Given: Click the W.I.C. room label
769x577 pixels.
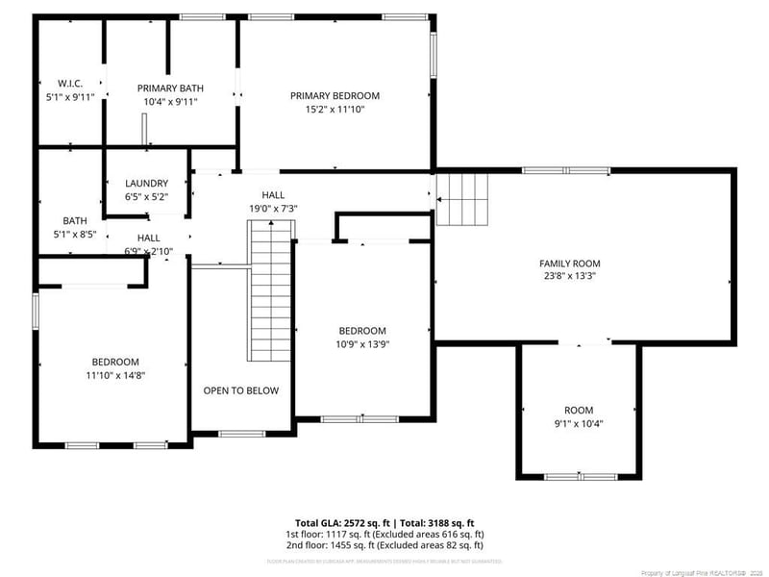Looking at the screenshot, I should (69, 85).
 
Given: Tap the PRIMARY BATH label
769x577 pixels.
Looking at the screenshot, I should (170, 88).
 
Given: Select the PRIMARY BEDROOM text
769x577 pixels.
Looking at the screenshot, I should (335, 95).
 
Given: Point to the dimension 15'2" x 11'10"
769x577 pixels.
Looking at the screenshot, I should (335, 109).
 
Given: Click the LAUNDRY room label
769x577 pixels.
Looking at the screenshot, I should (147, 183).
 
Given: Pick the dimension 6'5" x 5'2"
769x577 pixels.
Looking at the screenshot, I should (147, 196).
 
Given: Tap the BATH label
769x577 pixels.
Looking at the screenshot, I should (74, 219).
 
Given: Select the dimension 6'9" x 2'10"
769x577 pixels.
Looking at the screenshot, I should (148, 251).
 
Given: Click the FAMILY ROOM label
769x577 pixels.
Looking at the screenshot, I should (569, 263).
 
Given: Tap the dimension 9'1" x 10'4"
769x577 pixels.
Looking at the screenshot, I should (579, 423).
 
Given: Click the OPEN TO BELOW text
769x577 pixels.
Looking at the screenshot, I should (240, 390).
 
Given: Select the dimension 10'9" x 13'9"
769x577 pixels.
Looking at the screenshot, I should (362, 343).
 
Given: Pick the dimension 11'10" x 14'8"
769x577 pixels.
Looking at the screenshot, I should (114, 375).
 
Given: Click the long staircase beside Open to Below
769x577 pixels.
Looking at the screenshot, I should (270, 288).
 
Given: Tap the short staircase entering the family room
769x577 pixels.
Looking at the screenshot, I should (462, 199).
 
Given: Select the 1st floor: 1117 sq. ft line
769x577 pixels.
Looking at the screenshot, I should (384, 534).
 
